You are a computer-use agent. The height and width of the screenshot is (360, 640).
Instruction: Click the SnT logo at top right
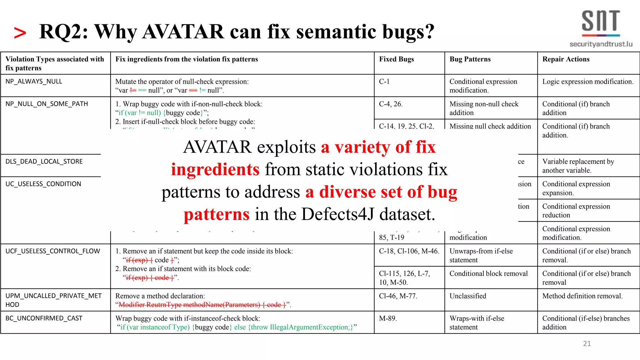(x=601, y=22)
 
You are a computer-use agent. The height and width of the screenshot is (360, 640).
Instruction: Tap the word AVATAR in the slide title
(x=183, y=32)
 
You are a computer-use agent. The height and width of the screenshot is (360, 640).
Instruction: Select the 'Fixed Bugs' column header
(x=396, y=59)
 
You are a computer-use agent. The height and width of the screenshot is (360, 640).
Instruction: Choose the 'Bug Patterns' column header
(x=470, y=59)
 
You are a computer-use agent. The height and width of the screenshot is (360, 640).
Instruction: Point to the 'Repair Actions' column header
(x=566, y=59)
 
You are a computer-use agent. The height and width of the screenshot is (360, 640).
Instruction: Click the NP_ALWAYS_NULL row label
(x=34, y=82)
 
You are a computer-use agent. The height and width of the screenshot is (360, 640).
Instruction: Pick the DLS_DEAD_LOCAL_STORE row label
(x=44, y=162)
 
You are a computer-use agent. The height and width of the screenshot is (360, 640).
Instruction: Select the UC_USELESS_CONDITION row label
(x=43, y=184)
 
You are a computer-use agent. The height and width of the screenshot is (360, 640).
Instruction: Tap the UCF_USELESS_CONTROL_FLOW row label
(x=52, y=251)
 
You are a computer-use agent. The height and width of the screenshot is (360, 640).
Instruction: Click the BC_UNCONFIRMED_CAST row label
(x=44, y=318)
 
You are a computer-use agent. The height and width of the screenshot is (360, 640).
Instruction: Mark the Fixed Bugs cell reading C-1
(x=384, y=82)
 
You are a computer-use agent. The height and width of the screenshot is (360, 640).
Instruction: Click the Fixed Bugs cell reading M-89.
(x=388, y=318)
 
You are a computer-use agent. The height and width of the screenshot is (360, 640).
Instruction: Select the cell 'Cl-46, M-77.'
(x=398, y=296)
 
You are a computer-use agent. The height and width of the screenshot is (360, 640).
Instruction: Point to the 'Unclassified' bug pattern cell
(x=468, y=296)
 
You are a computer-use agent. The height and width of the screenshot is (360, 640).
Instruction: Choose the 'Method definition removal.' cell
(x=582, y=296)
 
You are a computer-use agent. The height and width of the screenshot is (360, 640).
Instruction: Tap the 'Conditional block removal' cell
(x=488, y=274)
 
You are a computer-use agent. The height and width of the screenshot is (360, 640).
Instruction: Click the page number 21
(x=587, y=344)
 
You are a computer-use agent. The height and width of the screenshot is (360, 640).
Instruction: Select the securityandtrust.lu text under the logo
(x=601, y=44)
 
